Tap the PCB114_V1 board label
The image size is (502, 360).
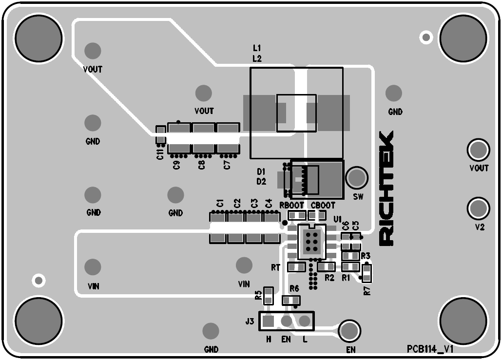pyautogui.click(x=430, y=349)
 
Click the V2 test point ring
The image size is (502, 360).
pyautogui.click(x=478, y=208)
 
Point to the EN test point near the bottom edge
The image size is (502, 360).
pyautogui.click(x=349, y=331)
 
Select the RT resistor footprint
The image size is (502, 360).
pyautogui.click(x=296, y=266)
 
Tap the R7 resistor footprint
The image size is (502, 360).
pyautogui.click(x=367, y=274)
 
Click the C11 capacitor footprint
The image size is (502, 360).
pyautogui.click(x=160, y=135)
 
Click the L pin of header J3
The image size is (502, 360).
pyautogui.click(x=305, y=321)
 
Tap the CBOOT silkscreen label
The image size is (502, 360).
pyautogui.click(x=323, y=206)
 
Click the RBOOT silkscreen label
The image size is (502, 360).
pyautogui.click(x=292, y=206)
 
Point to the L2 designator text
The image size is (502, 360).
pyautogui.click(x=257, y=58)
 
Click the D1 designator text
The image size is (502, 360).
pyautogui.click(x=261, y=171)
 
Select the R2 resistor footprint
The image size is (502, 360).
pyautogui.click(x=326, y=266)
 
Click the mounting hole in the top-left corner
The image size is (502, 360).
pyautogui.click(x=39, y=38)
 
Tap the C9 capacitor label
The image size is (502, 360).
pyautogui.click(x=176, y=164)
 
